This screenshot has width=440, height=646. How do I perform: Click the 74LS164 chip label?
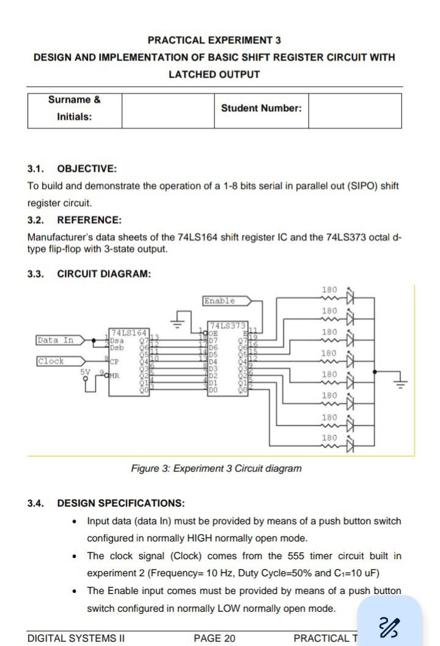[x=128, y=331]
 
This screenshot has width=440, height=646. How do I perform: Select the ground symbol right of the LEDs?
[x=400, y=383]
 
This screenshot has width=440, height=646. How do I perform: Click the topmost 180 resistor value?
[x=329, y=290]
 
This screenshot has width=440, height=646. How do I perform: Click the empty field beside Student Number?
[x=354, y=111]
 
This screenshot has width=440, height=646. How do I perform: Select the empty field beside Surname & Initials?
[x=167, y=111]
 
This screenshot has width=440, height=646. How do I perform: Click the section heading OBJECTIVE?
[x=86, y=169]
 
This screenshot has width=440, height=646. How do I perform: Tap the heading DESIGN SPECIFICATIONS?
[x=120, y=504]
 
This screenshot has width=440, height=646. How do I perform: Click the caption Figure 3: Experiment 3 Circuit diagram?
[x=216, y=469]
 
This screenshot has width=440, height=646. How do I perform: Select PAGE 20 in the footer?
[x=215, y=639]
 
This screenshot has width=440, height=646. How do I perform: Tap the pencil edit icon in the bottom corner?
[x=389, y=626]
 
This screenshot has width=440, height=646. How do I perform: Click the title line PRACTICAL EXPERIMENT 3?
[x=214, y=40]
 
